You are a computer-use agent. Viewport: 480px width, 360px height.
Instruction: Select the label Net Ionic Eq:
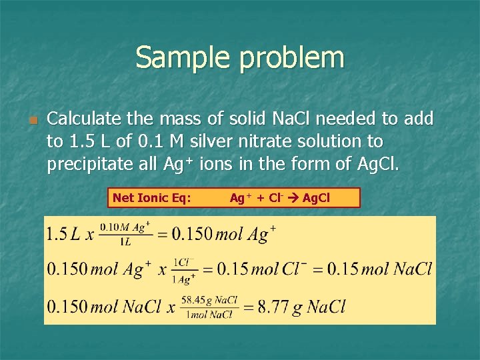(152, 197)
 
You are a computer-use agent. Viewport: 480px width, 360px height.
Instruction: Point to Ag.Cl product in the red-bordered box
(316, 197)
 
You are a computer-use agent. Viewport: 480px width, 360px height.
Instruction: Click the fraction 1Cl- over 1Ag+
(185, 270)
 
